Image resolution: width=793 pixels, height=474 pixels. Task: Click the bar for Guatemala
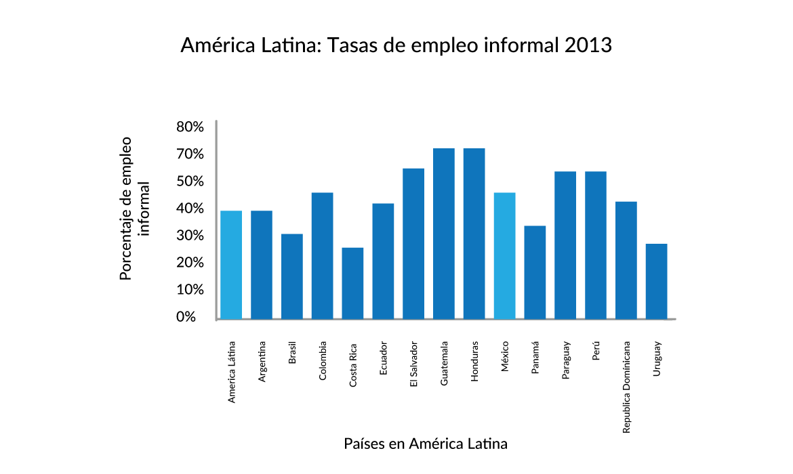[x=443, y=233]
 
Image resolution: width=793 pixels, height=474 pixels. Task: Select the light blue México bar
[x=504, y=255]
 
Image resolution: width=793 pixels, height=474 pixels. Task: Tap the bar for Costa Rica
[x=352, y=283]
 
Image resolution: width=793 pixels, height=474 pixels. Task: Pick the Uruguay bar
[x=656, y=281]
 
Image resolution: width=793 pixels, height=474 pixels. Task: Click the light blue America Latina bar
[x=231, y=264]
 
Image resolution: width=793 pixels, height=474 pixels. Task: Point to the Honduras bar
[x=474, y=233]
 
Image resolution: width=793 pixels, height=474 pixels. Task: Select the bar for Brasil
[x=291, y=276]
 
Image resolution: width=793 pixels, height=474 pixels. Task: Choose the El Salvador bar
[x=413, y=243]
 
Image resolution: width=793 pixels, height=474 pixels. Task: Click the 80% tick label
[x=190, y=127]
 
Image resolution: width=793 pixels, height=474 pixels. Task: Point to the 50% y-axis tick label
[x=190, y=181]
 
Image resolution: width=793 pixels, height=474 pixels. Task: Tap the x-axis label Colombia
[x=323, y=360]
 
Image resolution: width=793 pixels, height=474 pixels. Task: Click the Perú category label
[x=596, y=352]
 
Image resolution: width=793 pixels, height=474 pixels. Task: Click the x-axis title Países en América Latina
[x=426, y=444]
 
